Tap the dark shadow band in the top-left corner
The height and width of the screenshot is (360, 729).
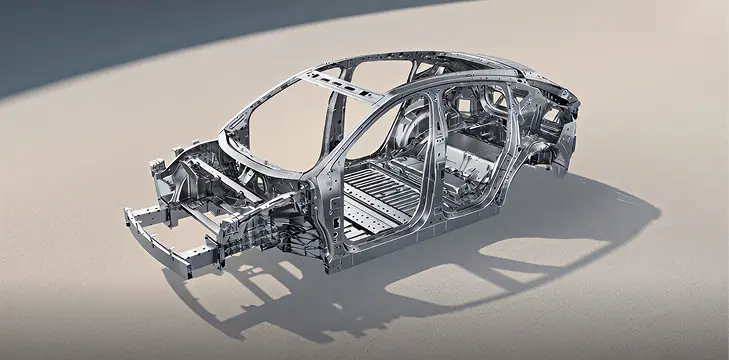click(60, 40)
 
